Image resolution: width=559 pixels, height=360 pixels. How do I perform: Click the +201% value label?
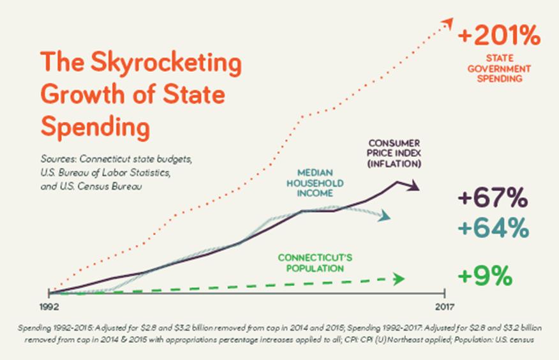click(x=499, y=36)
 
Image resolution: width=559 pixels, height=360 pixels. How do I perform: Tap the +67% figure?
click(x=493, y=199)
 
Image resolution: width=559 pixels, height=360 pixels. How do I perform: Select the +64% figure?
click(x=493, y=227)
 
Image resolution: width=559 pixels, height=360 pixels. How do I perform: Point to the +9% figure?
click(x=486, y=277)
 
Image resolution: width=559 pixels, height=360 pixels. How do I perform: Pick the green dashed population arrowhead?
click(x=399, y=279)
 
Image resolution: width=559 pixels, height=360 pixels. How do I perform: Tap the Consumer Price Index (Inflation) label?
click(x=394, y=153)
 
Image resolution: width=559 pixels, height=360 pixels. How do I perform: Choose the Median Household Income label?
click(x=320, y=183)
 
